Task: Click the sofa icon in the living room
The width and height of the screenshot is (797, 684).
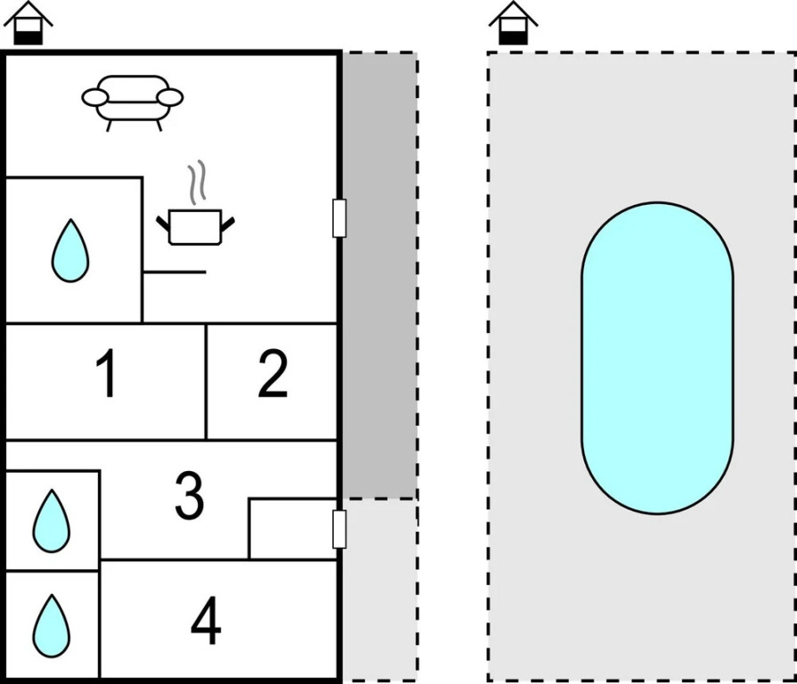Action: click(133, 102)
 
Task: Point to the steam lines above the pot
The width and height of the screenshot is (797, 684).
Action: click(201, 181)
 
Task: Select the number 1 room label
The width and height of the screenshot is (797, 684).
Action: click(106, 375)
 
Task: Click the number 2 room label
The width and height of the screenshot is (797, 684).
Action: click(272, 375)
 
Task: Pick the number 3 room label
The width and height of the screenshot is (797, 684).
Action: click(189, 495)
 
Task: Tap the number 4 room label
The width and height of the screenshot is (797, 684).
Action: click(206, 623)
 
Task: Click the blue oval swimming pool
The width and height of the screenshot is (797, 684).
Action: click(657, 358)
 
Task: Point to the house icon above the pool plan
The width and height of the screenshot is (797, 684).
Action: click(513, 23)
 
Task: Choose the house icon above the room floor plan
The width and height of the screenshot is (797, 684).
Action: click(28, 23)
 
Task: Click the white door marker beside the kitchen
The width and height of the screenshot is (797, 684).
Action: click(338, 218)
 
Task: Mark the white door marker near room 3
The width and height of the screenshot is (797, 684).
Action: click(338, 529)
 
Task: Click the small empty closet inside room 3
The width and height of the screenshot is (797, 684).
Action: click(291, 528)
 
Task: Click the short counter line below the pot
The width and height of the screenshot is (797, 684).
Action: click(175, 272)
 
